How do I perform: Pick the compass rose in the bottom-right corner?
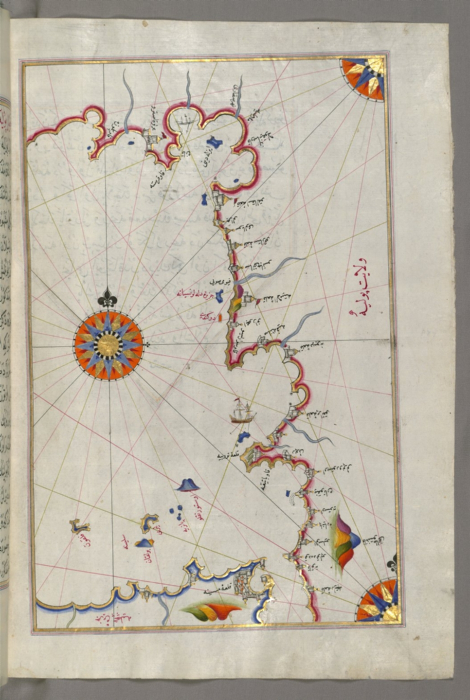coord(377,600)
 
